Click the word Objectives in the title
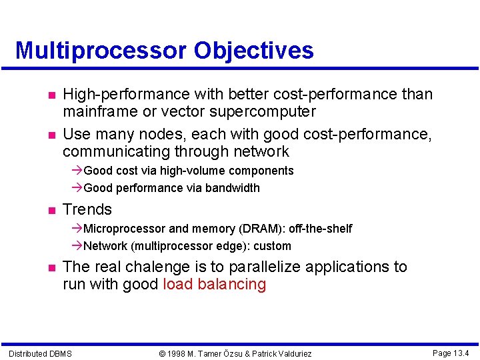pyautogui.click(x=253, y=51)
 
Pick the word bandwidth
pyautogui.click(x=231, y=188)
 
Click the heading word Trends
pyautogui.click(x=87, y=209)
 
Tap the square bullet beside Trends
pyautogui.click(x=42, y=210)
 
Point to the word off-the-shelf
pyautogui.click(x=320, y=229)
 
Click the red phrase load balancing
pyautogui.click(x=214, y=285)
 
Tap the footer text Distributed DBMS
pyautogui.click(x=40, y=353)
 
